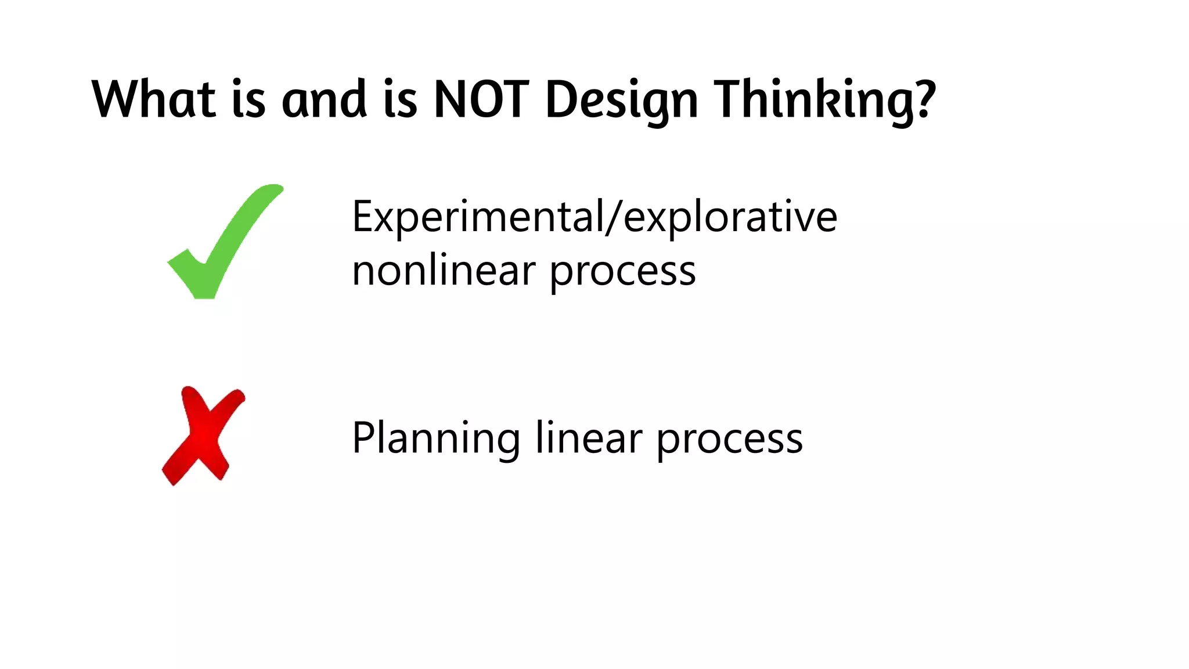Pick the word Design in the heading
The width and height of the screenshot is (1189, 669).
click(621, 100)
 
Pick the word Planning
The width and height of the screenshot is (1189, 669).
click(435, 439)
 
